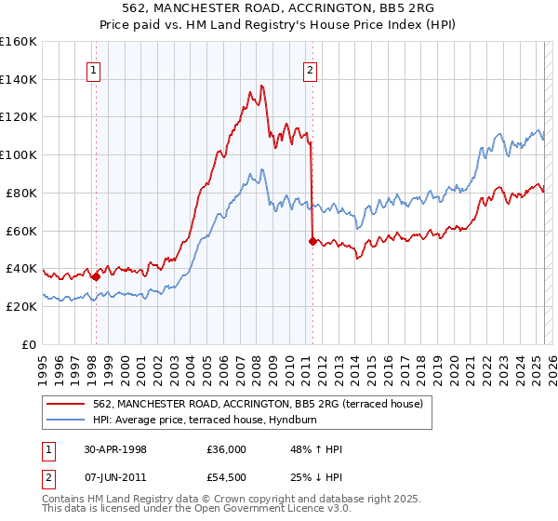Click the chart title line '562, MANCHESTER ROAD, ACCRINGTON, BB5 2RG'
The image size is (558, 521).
click(279, 8)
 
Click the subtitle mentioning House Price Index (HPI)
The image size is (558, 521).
click(279, 24)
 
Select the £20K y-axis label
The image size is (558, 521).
click(21, 306)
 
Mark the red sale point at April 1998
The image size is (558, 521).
click(96, 275)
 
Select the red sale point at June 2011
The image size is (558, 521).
click(312, 241)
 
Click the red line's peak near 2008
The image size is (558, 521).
click(262, 86)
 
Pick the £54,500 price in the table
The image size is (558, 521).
click(227, 478)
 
